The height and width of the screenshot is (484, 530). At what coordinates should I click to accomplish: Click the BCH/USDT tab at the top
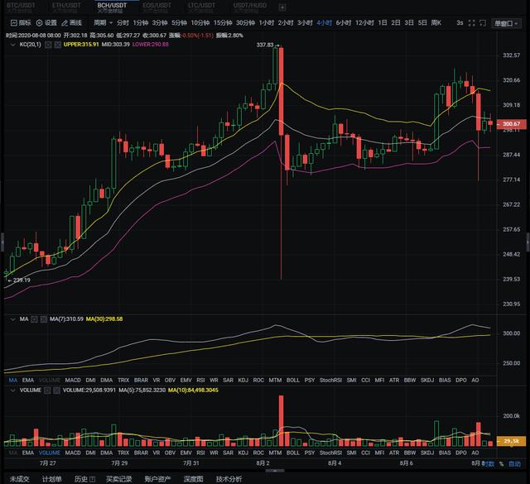click(x=112, y=6)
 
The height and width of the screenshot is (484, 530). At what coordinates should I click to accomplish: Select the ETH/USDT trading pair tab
click(x=67, y=6)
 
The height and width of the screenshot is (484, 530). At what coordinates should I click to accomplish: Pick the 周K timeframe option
click(x=436, y=22)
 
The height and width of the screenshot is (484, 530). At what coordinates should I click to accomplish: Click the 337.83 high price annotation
click(x=265, y=45)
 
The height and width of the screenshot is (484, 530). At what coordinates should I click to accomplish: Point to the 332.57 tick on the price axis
click(x=510, y=55)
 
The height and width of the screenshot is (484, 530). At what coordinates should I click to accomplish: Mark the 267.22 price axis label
click(x=510, y=204)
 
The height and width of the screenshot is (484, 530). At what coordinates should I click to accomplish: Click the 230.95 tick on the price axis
click(x=510, y=304)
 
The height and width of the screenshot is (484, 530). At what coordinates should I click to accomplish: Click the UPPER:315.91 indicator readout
click(x=83, y=44)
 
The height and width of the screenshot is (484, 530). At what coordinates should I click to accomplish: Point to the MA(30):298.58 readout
click(x=104, y=319)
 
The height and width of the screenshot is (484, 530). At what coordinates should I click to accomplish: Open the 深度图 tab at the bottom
click(x=193, y=478)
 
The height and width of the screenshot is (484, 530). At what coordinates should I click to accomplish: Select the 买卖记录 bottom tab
click(x=118, y=478)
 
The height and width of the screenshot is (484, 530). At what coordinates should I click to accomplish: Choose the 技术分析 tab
click(x=229, y=478)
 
